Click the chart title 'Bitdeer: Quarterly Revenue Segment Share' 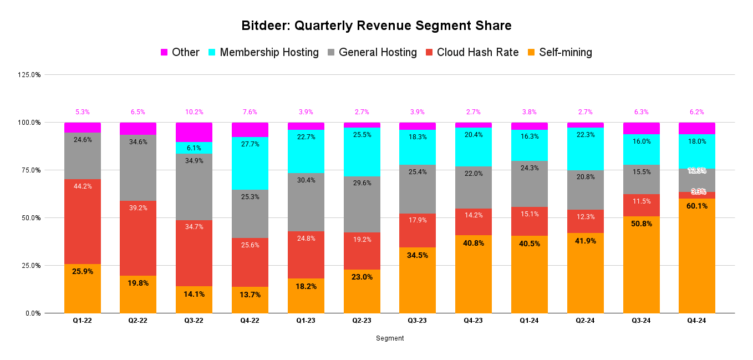point(376,26)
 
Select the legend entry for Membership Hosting point(269,52)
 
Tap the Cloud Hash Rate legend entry point(477,52)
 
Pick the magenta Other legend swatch point(164,52)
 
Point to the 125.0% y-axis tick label point(29,75)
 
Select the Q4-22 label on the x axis point(250,321)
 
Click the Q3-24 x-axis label point(641,321)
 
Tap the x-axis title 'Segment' point(390,338)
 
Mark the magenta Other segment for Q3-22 point(194,132)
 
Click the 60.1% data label point(696,206)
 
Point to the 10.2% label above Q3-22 point(194,112)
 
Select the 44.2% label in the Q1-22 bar point(83,186)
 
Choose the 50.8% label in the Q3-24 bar point(641,224)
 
